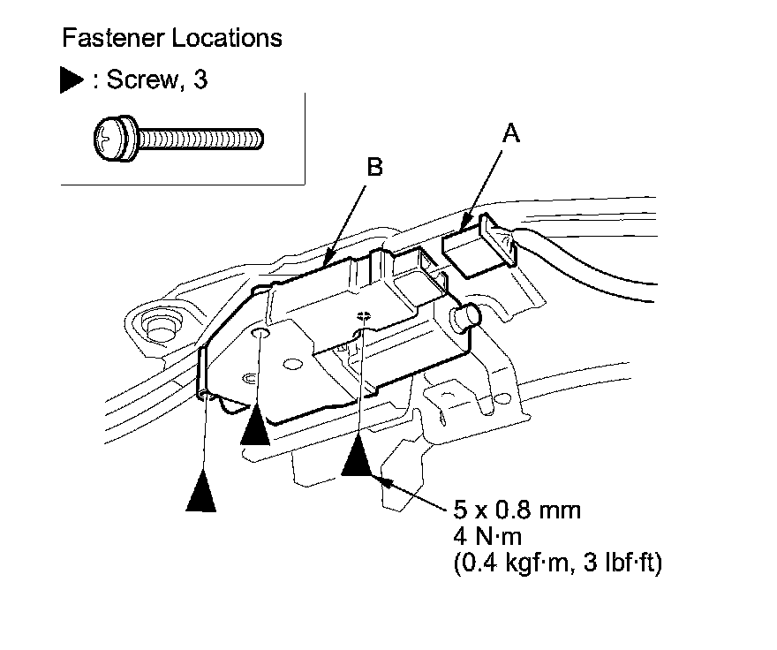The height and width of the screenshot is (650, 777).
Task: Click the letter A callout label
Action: point(509,134)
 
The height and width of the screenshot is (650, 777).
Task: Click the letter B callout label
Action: point(374,167)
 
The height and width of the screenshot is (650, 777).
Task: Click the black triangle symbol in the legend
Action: point(72,80)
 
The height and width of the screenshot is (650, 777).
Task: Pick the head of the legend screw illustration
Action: point(115,138)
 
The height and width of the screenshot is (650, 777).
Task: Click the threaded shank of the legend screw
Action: point(201,138)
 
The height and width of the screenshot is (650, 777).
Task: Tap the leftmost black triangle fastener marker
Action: point(201,492)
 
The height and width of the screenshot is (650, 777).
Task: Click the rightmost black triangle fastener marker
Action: point(358,457)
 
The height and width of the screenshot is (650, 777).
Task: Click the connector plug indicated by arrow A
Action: point(477,248)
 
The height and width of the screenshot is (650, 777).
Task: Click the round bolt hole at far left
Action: point(161,325)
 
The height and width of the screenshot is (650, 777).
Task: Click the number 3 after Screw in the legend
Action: point(201,80)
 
